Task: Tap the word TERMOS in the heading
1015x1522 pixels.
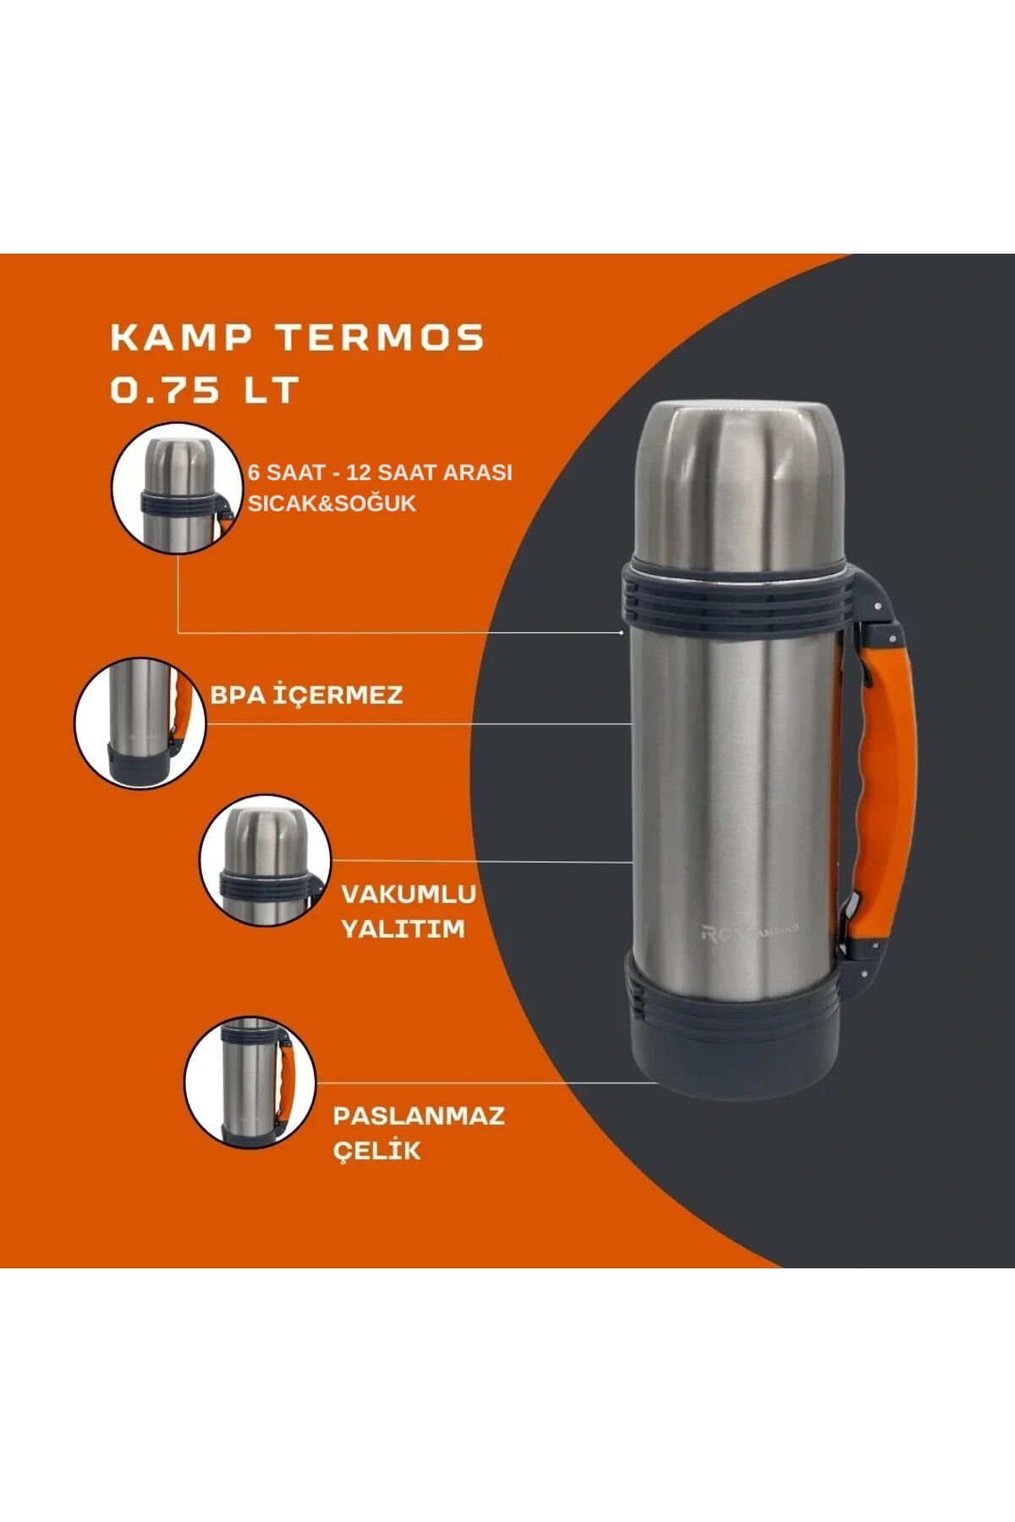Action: tap(381, 337)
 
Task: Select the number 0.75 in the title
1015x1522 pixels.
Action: tap(165, 390)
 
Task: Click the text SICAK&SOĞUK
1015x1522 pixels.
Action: tap(332, 503)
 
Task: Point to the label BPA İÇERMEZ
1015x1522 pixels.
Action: tap(306, 695)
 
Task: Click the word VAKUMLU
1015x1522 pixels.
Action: tap(409, 894)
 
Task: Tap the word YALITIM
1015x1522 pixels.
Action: tap(403, 928)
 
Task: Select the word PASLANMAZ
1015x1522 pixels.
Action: tap(419, 1115)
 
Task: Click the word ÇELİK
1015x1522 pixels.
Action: tap(376, 1150)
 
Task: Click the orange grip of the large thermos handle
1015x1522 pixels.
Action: tap(888, 786)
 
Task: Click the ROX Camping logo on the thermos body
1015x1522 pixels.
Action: tap(749, 932)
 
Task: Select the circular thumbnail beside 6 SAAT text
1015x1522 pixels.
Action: tap(175, 488)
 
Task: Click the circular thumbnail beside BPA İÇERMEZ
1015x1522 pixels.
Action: tap(140, 723)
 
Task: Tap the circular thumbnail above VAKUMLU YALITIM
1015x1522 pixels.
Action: tap(265, 860)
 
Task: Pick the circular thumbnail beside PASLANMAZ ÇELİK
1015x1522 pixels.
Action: tap(250, 1082)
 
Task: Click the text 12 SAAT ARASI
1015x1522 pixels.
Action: tap(430, 472)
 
